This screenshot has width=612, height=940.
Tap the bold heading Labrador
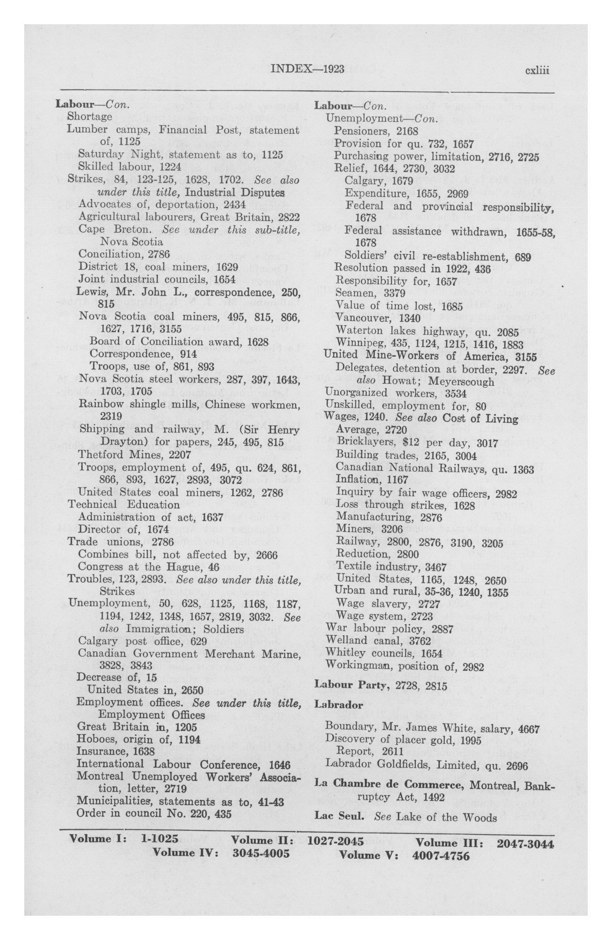338,704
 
